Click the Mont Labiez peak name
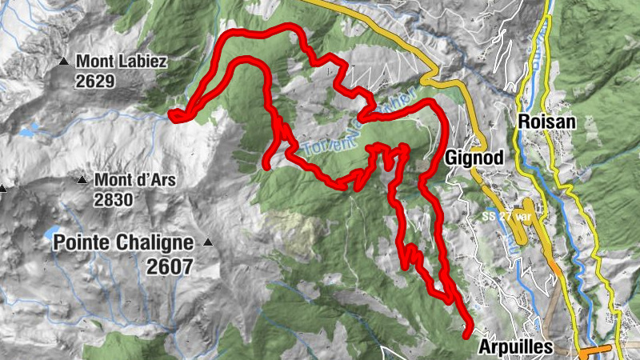(122, 61)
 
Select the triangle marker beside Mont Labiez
(63, 61)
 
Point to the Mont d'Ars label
(135, 180)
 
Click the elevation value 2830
(113, 200)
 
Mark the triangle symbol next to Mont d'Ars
(82, 180)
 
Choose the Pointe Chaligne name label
(124, 242)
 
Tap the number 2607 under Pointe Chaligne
(170, 267)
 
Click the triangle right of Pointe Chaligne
(208, 242)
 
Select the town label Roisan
(547, 122)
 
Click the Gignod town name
(475, 158)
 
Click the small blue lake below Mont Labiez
(29, 130)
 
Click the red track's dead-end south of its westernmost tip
(267, 165)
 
